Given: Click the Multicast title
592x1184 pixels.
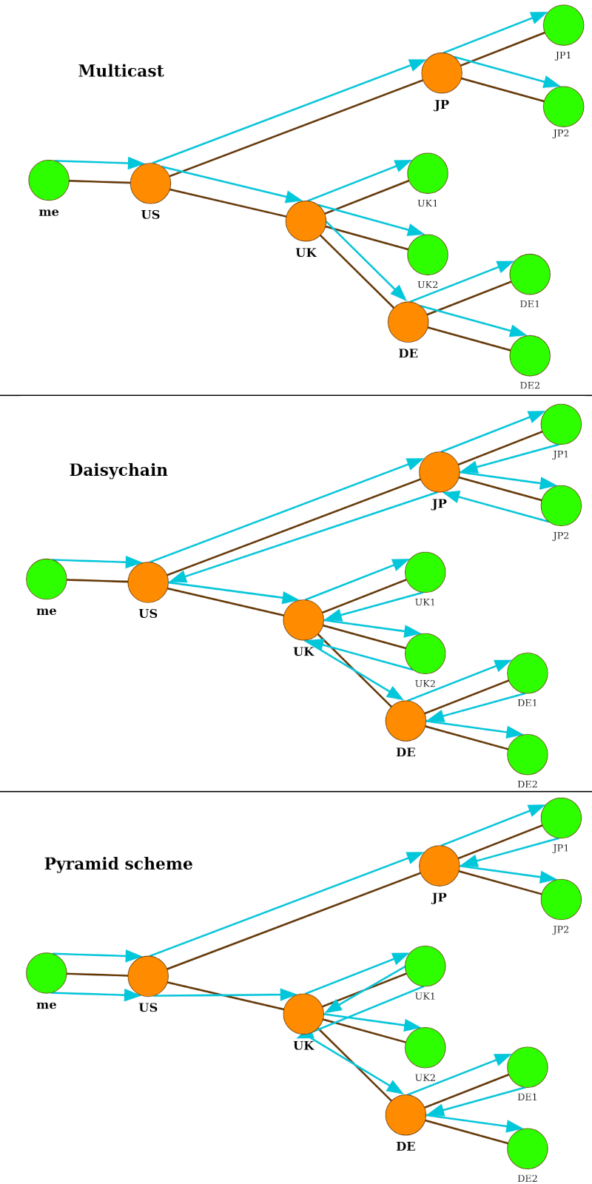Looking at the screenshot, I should pos(121,71).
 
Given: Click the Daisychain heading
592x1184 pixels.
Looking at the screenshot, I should pos(118,470).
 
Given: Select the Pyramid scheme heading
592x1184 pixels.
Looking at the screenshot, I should pos(118,864).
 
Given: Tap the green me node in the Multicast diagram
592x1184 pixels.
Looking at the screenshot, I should pos(49,180).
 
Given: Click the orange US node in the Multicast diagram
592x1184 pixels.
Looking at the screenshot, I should pos(150,184).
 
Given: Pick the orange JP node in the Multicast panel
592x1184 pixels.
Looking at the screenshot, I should pos(442,73).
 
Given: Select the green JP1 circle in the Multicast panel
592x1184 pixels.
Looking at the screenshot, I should pos(563,25).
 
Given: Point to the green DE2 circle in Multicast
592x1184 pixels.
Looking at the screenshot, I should pos(530,356).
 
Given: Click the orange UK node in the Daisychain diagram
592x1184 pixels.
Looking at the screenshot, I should pos(303,620).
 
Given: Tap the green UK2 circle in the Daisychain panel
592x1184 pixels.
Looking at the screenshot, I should pos(425,653).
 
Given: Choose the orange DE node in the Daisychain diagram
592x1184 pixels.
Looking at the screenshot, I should pos(406,721).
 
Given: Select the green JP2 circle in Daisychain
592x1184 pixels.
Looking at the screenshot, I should pos(561,505).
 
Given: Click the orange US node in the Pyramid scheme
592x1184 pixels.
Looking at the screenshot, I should pos(148,976).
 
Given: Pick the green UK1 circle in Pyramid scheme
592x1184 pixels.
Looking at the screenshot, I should pos(425,966).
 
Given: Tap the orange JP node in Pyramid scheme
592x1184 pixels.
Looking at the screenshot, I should pos(440,866).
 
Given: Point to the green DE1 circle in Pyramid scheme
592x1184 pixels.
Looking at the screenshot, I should pos(528,1067).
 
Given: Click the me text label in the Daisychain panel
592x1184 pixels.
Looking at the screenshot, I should pos(47,611).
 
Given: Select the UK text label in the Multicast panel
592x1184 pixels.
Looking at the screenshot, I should pos(306,252).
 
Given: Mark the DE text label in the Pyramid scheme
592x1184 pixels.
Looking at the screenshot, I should pos(406,1146).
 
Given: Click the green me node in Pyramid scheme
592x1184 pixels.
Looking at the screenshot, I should pos(47,973).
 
